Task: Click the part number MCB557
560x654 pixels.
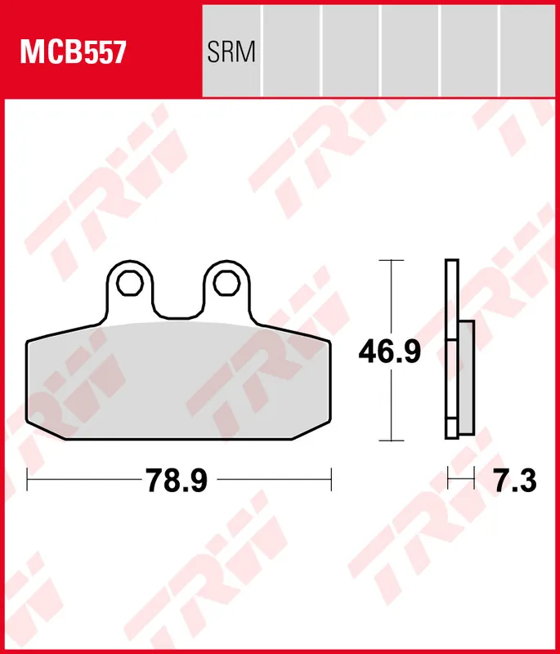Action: [73, 53]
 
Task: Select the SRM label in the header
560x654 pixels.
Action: [231, 53]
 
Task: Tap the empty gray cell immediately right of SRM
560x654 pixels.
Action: [291, 49]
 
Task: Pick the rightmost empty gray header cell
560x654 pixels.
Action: [528, 49]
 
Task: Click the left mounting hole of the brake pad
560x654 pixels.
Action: [128, 283]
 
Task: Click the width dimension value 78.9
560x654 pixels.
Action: [177, 481]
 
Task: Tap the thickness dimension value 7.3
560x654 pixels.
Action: [515, 481]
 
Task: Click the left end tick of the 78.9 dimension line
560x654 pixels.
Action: [27, 480]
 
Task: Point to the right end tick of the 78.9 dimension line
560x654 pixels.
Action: [331, 480]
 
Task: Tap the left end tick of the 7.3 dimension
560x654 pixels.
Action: [447, 480]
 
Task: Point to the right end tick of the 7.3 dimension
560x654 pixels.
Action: [473, 480]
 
